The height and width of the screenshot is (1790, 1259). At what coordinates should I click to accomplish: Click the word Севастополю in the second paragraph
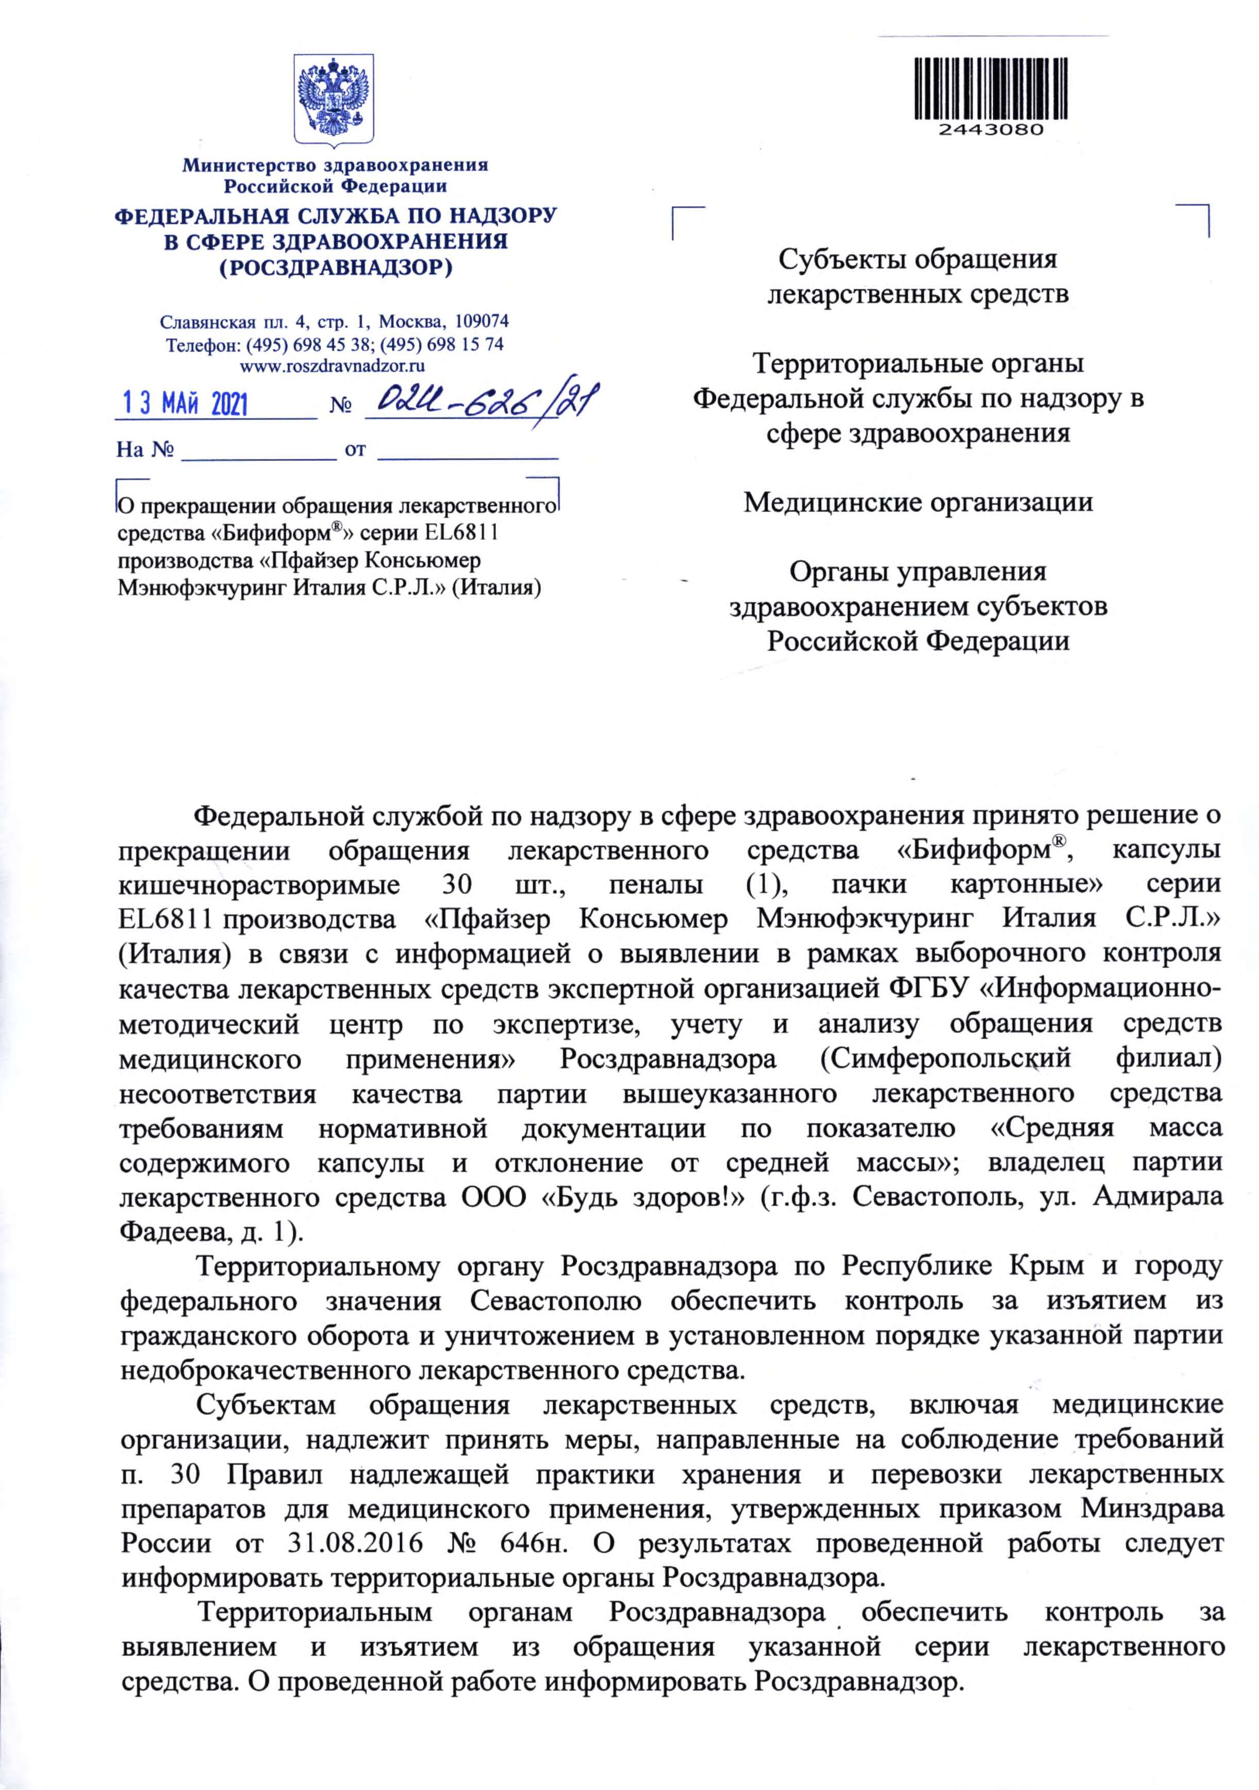tap(555, 1300)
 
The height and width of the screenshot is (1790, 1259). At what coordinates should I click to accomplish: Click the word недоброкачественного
tap(267, 1369)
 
